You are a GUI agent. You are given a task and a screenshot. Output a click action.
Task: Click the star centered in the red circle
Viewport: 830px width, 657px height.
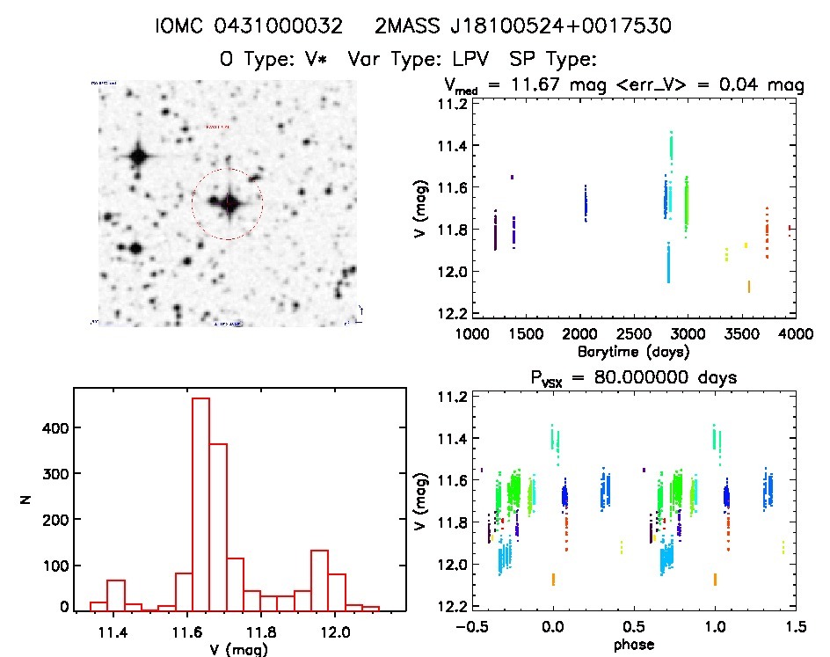tap(228, 203)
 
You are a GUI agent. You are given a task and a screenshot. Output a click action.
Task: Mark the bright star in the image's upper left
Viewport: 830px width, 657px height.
tap(138, 157)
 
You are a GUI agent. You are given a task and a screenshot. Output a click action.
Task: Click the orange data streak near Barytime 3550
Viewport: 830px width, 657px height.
tap(748, 286)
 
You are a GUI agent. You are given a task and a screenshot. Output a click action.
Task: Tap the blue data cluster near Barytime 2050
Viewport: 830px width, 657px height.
tap(586, 208)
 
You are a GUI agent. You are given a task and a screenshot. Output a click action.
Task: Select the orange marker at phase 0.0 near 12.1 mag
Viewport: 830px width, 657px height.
tap(553, 579)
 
